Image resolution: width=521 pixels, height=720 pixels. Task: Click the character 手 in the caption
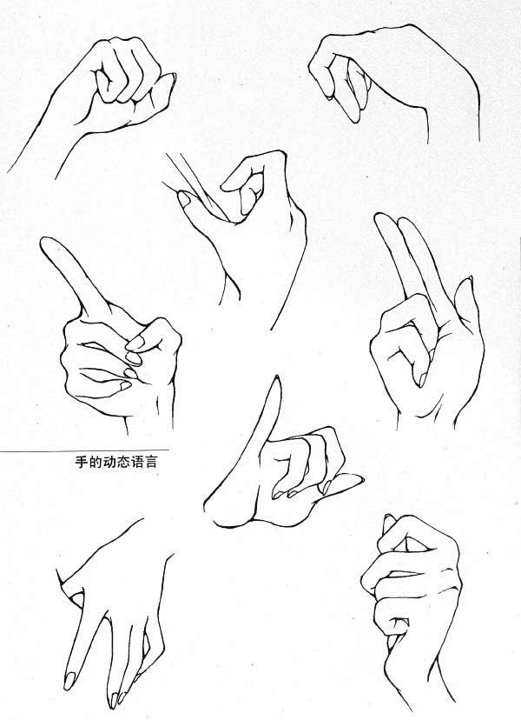pos(82,462)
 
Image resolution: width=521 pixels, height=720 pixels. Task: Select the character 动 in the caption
pos(109,462)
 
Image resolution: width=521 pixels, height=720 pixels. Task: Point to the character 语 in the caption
pos(136,462)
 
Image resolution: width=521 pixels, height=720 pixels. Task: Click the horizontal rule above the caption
pos(84,450)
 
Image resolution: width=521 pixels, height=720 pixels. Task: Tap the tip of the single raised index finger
pos(45,240)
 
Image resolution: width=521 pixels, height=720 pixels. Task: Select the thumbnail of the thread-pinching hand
pos(184,199)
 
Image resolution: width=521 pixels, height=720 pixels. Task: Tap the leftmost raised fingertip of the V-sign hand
pos(379,216)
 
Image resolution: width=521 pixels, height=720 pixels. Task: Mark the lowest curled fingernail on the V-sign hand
pos(422,380)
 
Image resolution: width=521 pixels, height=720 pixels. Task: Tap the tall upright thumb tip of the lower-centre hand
pos(277,379)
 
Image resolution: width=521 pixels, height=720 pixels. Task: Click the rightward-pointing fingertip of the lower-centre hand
pos(359,478)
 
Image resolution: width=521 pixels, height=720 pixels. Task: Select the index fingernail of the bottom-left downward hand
pos(69,681)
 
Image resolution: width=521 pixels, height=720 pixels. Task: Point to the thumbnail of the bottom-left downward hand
pos(77,599)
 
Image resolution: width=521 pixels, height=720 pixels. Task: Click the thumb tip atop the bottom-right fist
pos(388,519)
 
